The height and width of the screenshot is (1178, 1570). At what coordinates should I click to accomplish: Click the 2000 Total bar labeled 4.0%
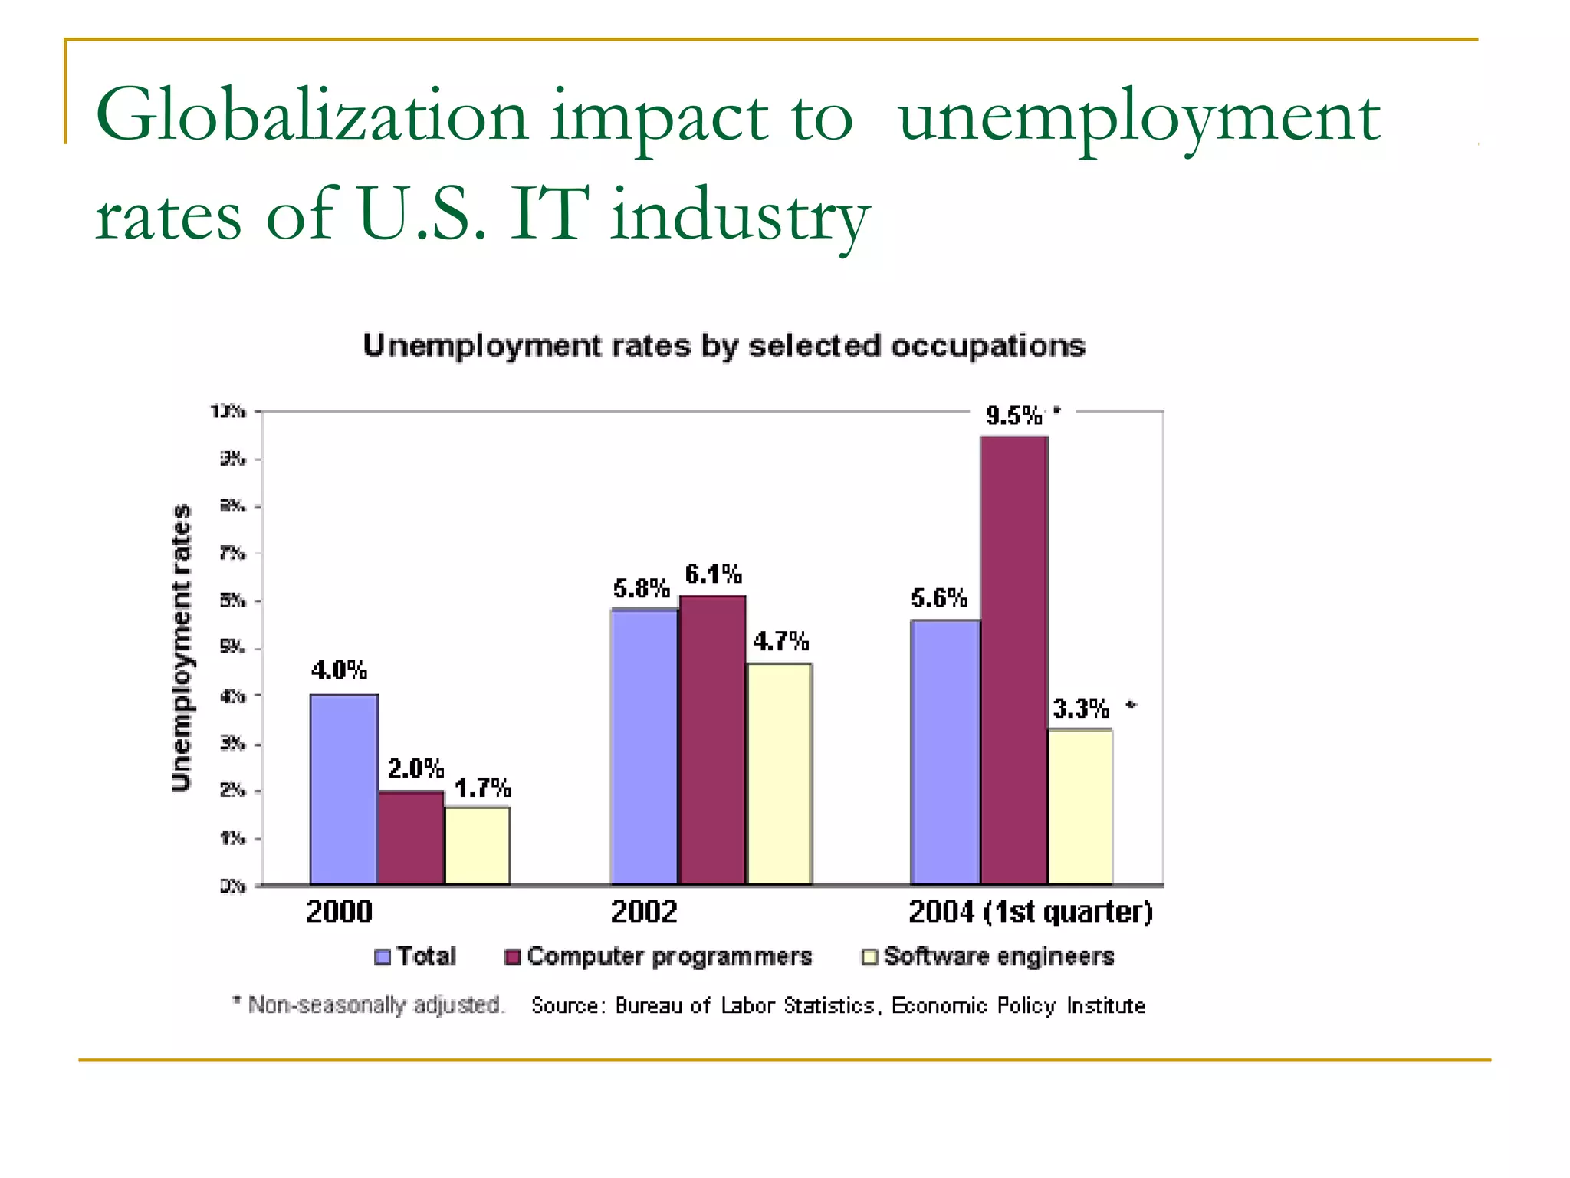[x=343, y=790]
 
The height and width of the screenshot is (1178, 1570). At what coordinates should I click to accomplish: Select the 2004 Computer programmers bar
[x=1014, y=660]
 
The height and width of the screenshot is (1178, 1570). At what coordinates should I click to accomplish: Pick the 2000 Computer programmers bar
[x=411, y=837]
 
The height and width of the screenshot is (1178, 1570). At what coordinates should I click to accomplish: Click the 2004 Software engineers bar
[x=1080, y=807]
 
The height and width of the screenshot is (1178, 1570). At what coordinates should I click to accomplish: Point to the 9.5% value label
[x=1013, y=416]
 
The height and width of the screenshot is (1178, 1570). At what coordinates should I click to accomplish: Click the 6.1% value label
[x=713, y=574]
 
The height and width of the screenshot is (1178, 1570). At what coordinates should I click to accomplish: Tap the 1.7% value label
[x=482, y=788]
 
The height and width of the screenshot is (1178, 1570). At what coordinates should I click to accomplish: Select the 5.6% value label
[x=939, y=597]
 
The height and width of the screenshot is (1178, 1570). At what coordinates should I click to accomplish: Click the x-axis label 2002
[x=644, y=912]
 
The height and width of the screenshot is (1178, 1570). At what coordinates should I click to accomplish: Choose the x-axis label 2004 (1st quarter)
[x=1030, y=912]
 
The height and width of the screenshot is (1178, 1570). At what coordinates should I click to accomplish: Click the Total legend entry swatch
[x=383, y=957]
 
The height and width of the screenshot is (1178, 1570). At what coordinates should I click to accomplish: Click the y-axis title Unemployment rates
[x=181, y=647]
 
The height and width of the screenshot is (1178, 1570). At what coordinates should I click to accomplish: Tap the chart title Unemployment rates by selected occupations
[x=724, y=346]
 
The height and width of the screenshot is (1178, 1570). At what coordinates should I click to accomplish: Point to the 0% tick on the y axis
[x=232, y=887]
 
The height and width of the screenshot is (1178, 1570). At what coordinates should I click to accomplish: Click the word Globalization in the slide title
[x=311, y=117]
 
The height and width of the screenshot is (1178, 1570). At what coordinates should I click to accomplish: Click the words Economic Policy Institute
[x=1018, y=1005]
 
